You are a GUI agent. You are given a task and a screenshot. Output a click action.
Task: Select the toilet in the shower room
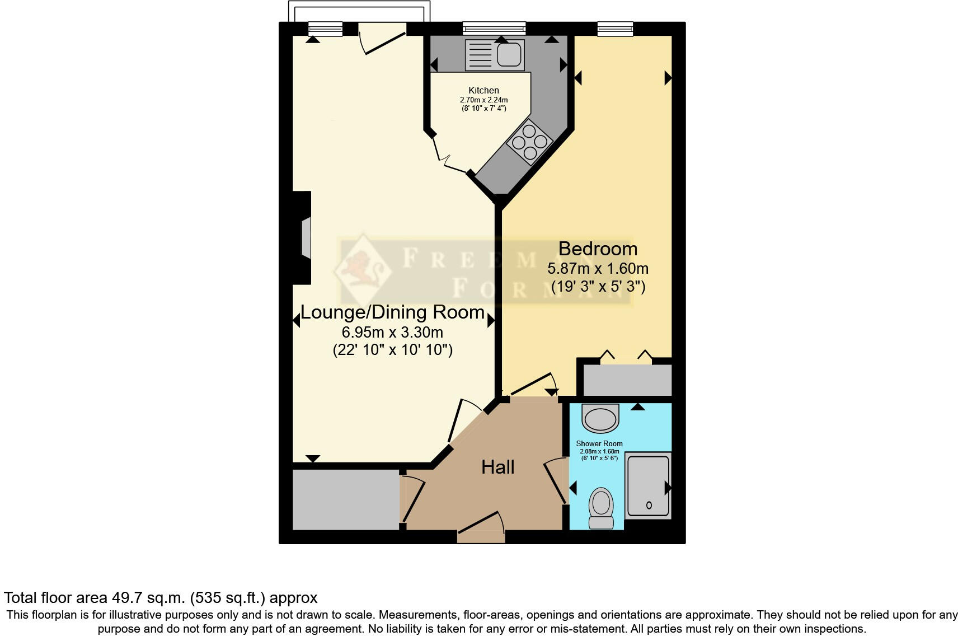pos(601,507)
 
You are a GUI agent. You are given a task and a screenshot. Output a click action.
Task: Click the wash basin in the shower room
pos(600,418)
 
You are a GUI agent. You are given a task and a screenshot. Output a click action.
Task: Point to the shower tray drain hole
pos(649,505)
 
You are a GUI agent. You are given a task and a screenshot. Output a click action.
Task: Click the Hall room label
pos(497,467)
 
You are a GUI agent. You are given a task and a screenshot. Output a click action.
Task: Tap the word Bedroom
pos(598,249)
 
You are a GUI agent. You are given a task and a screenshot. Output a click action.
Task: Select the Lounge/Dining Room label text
pos(392,312)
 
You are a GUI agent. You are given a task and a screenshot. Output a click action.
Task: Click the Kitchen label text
pos(483,90)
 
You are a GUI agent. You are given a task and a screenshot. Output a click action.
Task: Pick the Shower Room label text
pos(599,443)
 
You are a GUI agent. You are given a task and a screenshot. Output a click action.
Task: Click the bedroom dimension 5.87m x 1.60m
pos(598,268)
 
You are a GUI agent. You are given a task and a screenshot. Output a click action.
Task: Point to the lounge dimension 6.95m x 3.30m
pos(392,332)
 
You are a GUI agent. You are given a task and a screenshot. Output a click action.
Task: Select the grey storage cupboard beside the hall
pos(346,499)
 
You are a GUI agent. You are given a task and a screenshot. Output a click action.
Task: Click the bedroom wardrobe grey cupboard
pos(627,380)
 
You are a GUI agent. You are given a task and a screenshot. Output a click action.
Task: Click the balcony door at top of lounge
pos(383,38)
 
